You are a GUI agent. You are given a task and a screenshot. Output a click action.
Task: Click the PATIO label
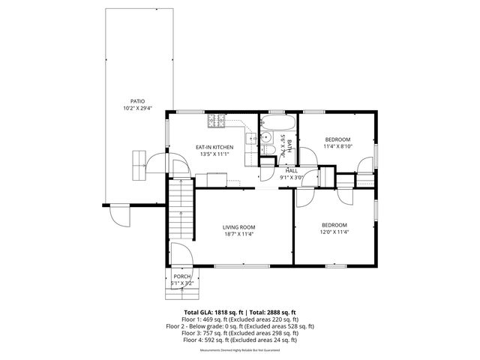(x=137, y=100)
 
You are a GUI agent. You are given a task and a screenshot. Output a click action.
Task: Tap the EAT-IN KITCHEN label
(x=214, y=147)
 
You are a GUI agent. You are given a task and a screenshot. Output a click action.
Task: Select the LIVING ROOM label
(x=238, y=227)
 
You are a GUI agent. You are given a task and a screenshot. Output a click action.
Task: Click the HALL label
(x=291, y=171)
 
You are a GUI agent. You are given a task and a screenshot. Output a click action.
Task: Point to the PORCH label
(x=182, y=276)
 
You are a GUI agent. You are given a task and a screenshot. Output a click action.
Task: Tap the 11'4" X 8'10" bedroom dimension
(x=338, y=147)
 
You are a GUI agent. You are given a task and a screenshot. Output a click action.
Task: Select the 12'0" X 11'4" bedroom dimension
(x=334, y=232)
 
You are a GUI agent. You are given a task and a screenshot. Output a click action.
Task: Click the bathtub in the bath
(x=278, y=121)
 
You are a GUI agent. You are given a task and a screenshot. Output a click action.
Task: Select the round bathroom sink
(x=266, y=138)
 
